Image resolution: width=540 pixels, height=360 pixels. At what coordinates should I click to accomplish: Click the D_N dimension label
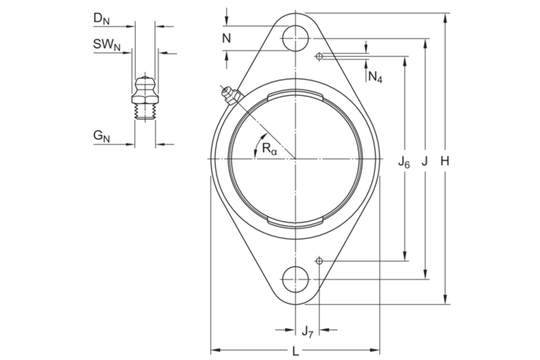point(101,19)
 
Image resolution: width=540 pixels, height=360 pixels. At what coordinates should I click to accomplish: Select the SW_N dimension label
point(106,44)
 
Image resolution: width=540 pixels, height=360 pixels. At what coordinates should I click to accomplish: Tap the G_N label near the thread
point(101,136)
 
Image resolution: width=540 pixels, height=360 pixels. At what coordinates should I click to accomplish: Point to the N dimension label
point(226,39)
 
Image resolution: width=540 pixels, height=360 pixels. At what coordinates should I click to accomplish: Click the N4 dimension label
point(375,76)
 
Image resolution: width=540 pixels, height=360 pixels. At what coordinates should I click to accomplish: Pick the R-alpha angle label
point(269,149)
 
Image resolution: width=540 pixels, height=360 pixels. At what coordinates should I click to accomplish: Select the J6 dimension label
point(404,161)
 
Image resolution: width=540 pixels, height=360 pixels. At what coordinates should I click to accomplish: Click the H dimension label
point(445,161)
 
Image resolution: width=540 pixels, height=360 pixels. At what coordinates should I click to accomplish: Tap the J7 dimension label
point(307,331)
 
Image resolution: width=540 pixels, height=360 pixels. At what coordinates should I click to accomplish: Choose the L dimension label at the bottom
point(296,351)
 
